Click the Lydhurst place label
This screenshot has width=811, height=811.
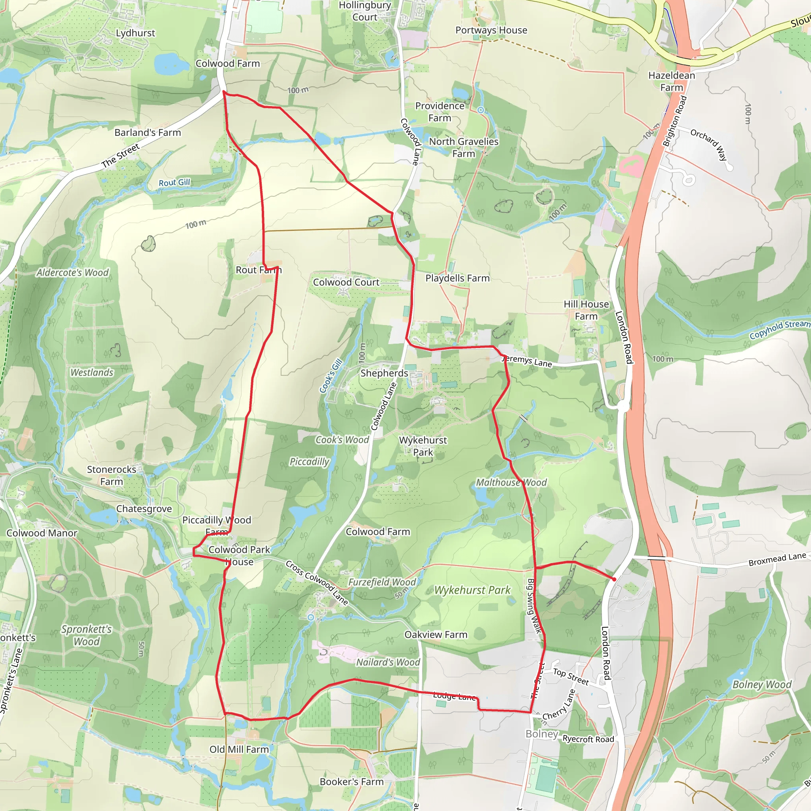coord(135,33)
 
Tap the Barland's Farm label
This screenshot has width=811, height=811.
coord(148,133)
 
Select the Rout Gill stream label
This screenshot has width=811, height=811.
coord(174,183)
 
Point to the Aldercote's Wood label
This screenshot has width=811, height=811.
coord(72,273)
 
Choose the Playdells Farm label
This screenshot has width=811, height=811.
coord(457,278)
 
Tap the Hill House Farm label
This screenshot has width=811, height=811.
coord(586,310)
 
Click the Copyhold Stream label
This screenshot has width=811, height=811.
coord(779,329)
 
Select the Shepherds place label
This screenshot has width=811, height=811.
coord(384,373)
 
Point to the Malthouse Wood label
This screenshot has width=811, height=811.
coord(511,483)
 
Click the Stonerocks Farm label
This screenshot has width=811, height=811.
coord(111,476)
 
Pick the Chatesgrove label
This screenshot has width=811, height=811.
coord(144,509)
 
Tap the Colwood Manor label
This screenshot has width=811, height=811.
coord(42,533)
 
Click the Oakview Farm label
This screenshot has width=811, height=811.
coord(436,635)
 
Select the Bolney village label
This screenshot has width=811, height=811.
coord(541,734)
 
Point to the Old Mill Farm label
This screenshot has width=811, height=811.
coord(239,749)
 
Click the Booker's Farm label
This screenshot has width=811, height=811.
coord(352,782)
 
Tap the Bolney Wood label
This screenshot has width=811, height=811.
coord(762,685)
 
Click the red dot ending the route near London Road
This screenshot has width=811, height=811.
coord(614,579)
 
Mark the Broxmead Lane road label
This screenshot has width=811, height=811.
coord(777,559)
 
